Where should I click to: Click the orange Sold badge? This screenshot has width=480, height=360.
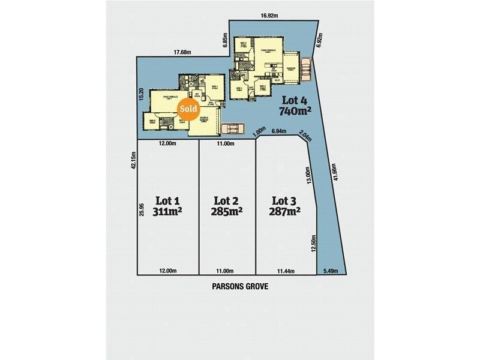(188, 109)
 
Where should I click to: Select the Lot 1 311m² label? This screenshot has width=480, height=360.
(168, 205)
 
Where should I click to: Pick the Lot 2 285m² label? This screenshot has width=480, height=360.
(227, 205)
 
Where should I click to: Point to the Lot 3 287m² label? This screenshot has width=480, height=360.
(285, 205)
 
